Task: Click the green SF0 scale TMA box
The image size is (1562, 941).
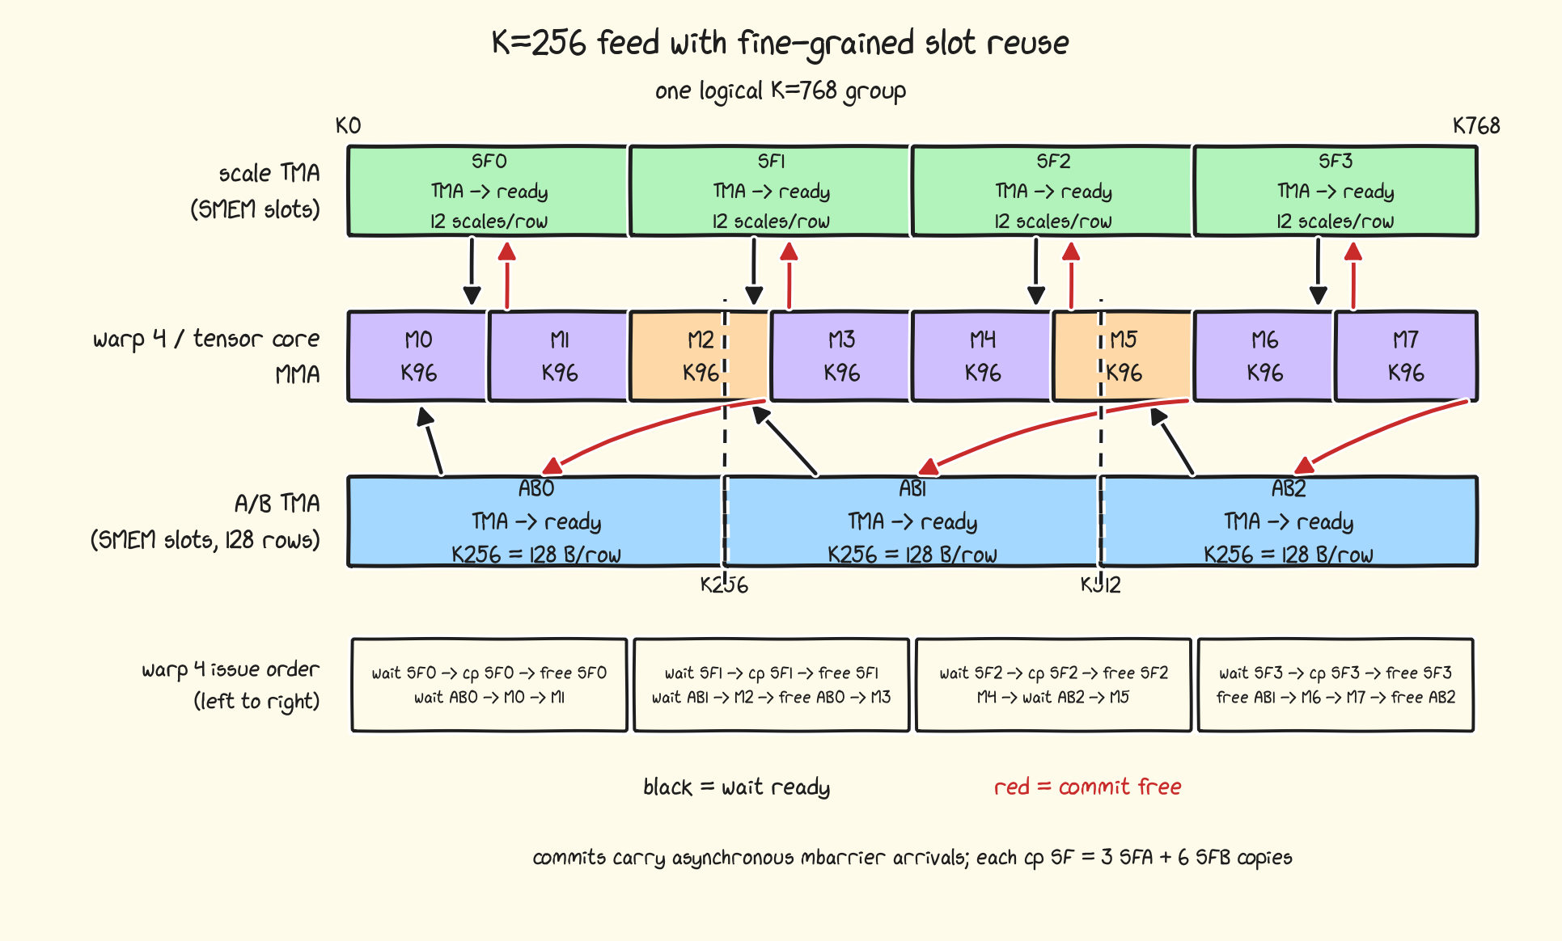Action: click(x=488, y=191)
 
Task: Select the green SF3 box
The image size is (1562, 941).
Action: click(x=1336, y=191)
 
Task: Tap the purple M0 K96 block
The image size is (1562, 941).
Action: click(x=417, y=356)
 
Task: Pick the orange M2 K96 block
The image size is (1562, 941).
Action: click(x=699, y=356)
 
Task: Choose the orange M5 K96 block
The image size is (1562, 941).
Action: click(x=1122, y=356)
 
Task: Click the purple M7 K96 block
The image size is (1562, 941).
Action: click(x=1406, y=356)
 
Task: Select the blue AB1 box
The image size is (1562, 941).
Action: click(x=912, y=521)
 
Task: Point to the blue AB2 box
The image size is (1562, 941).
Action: click(x=1289, y=521)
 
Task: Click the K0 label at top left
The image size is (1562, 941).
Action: click(x=349, y=126)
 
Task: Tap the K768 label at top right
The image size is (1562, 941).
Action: click(x=1476, y=126)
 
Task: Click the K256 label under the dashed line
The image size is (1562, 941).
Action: click(x=724, y=584)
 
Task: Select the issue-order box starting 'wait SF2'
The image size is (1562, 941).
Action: click(x=1053, y=685)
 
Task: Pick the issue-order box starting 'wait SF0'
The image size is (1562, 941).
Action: click(x=489, y=685)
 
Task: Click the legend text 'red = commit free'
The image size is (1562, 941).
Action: click(x=1088, y=787)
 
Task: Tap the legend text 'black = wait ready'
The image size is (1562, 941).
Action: click(x=737, y=787)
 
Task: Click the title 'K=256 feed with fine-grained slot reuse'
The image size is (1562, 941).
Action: click(x=781, y=43)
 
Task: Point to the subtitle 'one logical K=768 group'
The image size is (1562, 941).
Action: click(x=781, y=91)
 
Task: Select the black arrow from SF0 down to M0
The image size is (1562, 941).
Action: click(x=472, y=270)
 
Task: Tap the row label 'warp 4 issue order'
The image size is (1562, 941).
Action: click(x=231, y=669)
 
